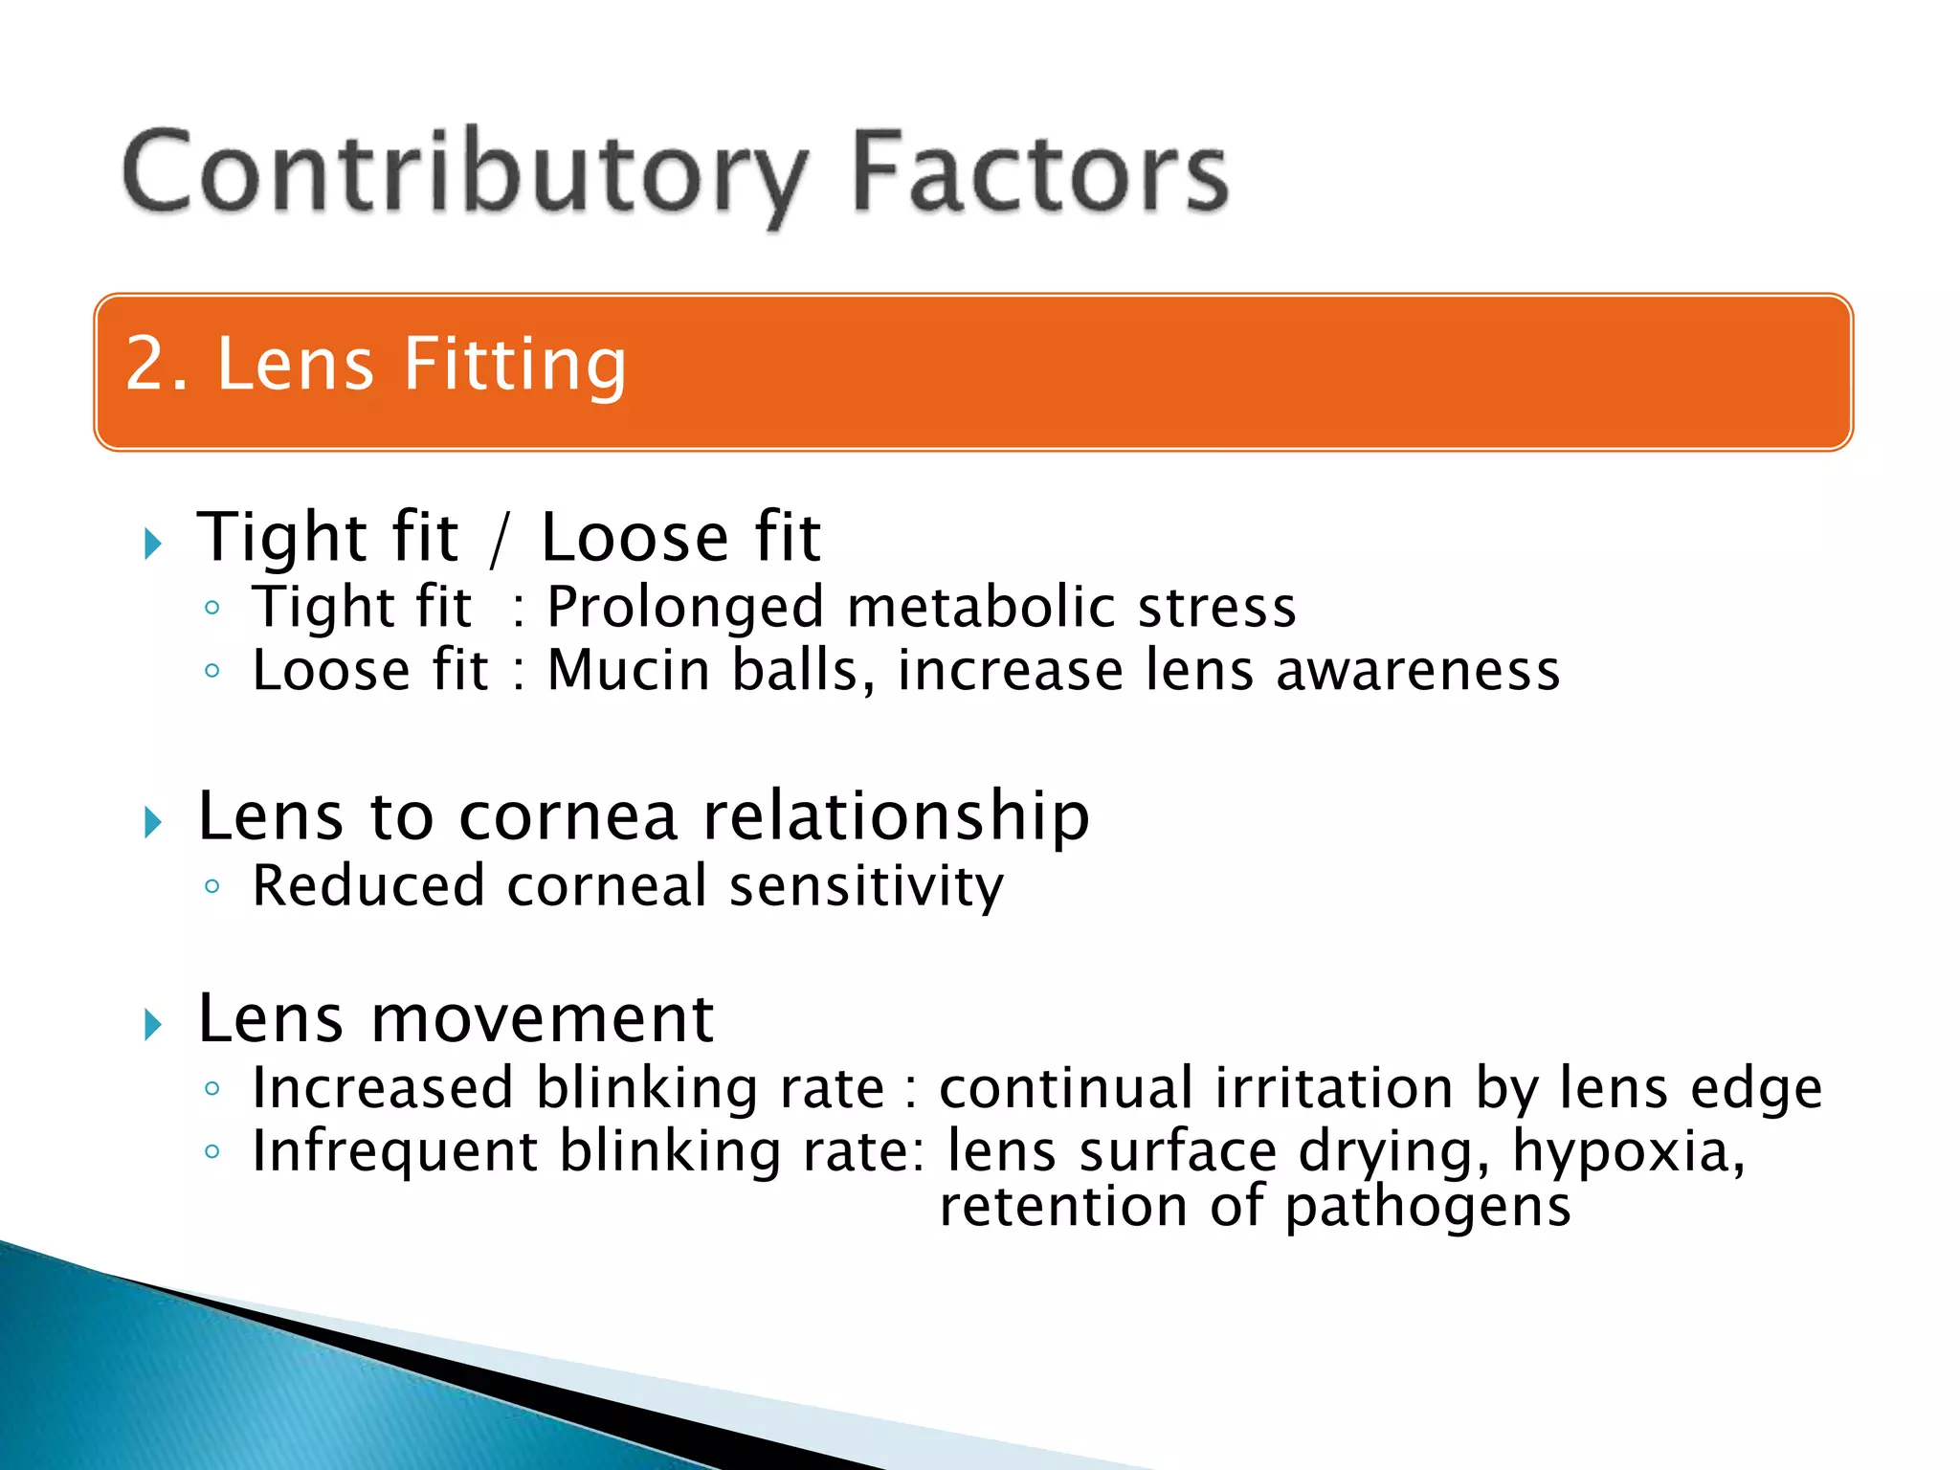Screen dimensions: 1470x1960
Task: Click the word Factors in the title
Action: [1039, 172]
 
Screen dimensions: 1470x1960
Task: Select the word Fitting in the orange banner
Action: [515, 366]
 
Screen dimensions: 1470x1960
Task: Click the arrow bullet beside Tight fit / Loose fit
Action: [152, 544]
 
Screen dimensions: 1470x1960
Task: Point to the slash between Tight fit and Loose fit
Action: [498, 540]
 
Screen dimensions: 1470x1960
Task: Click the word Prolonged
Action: [685, 607]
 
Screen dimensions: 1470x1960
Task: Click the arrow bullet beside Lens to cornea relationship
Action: [152, 822]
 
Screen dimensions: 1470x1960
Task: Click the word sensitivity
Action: [866, 886]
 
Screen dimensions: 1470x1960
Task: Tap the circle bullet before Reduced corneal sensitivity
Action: [212, 886]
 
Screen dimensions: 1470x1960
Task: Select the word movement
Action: [542, 1018]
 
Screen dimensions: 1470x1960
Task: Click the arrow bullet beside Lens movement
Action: [152, 1025]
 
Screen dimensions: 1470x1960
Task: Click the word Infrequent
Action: [394, 1151]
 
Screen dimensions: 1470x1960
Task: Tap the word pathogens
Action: [1427, 1207]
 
